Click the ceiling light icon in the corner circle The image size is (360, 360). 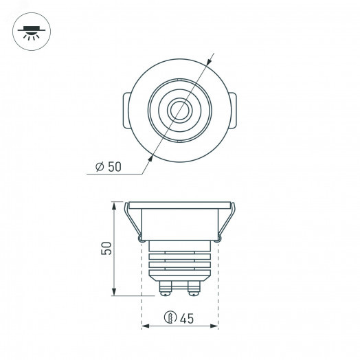pos(30,31)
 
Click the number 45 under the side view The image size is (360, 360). pos(186,317)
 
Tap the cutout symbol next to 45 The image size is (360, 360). pos(169,317)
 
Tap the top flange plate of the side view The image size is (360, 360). pos(179,205)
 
